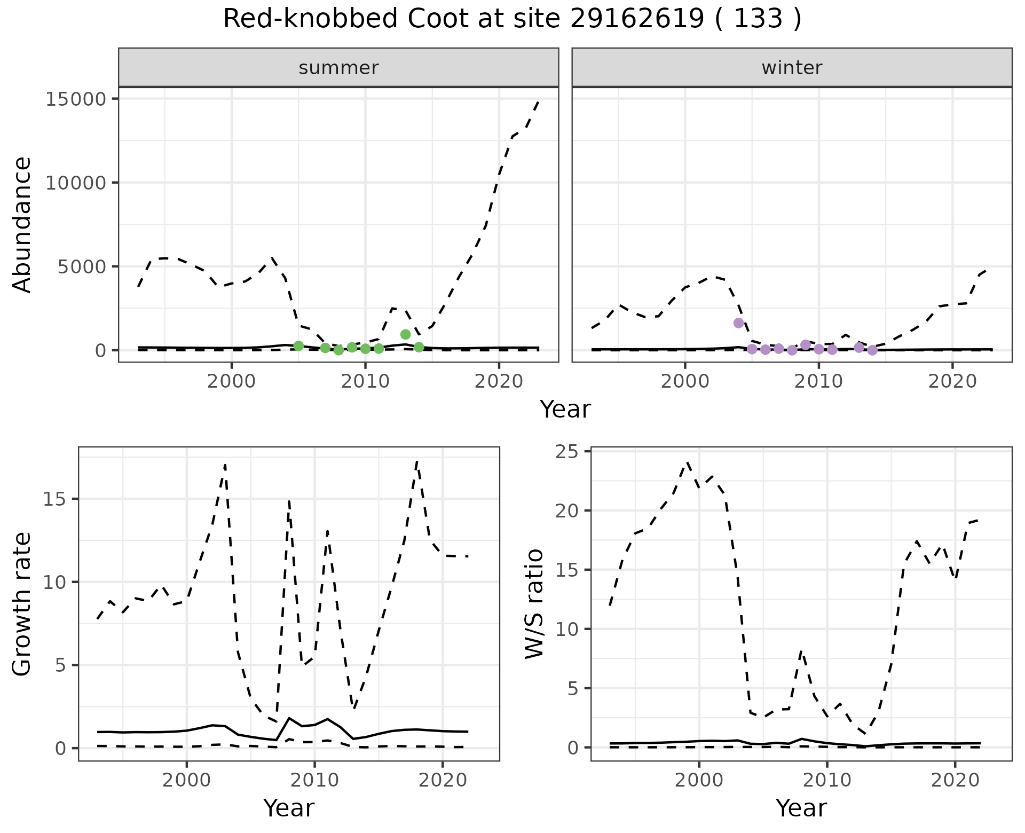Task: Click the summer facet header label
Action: (x=338, y=68)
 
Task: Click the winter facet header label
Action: (x=792, y=68)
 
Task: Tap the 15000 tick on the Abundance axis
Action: (x=76, y=99)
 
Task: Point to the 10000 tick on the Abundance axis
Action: (x=76, y=183)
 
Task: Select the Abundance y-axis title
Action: (x=22, y=224)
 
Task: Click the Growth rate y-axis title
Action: (x=22, y=604)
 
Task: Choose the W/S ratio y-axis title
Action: (x=534, y=603)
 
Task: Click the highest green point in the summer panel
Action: (x=405, y=334)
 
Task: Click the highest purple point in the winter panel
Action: (x=738, y=323)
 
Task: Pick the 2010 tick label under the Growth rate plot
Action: (x=314, y=780)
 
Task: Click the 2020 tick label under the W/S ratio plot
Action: (x=955, y=780)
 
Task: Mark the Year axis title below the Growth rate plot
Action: (x=289, y=808)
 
